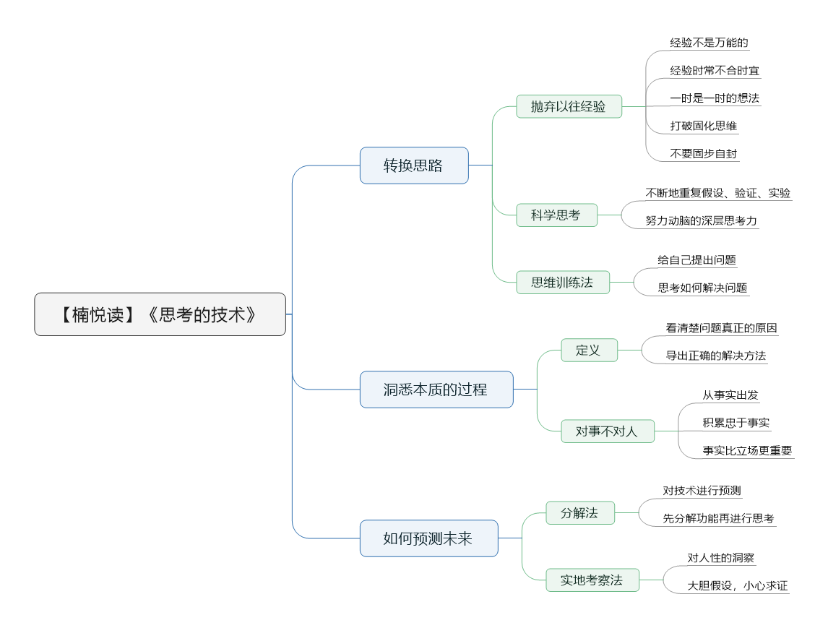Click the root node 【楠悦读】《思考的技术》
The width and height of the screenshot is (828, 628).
pos(160,314)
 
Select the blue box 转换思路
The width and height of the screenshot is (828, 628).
pos(414,165)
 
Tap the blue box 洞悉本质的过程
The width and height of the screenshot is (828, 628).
pos(436,390)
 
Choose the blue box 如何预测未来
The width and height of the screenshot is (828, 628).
pos(428,538)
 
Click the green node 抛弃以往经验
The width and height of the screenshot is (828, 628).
pos(569,106)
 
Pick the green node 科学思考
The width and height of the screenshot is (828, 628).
pos(556,215)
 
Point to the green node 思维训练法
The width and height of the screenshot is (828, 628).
pos(562,283)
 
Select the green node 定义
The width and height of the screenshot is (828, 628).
pos(589,350)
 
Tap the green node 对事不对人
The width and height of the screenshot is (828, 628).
pos(607,431)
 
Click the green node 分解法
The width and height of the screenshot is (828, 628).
pos(579,513)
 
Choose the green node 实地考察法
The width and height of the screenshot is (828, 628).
pos(592,580)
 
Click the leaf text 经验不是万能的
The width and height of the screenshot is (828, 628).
pos(708,43)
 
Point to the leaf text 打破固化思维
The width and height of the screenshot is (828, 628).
pos(704,126)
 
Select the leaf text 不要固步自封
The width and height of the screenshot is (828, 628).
pos(704,153)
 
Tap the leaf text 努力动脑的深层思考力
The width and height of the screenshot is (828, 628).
pos(702,220)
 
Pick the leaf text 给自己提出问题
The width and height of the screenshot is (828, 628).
pos(697,260)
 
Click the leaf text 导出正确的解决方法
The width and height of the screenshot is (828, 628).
pos(716,356)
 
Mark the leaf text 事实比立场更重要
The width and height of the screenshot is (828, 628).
pos(747,450)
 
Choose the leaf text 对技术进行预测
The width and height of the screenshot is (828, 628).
pos(702,491)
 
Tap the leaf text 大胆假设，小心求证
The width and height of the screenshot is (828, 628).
pos(738,585)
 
